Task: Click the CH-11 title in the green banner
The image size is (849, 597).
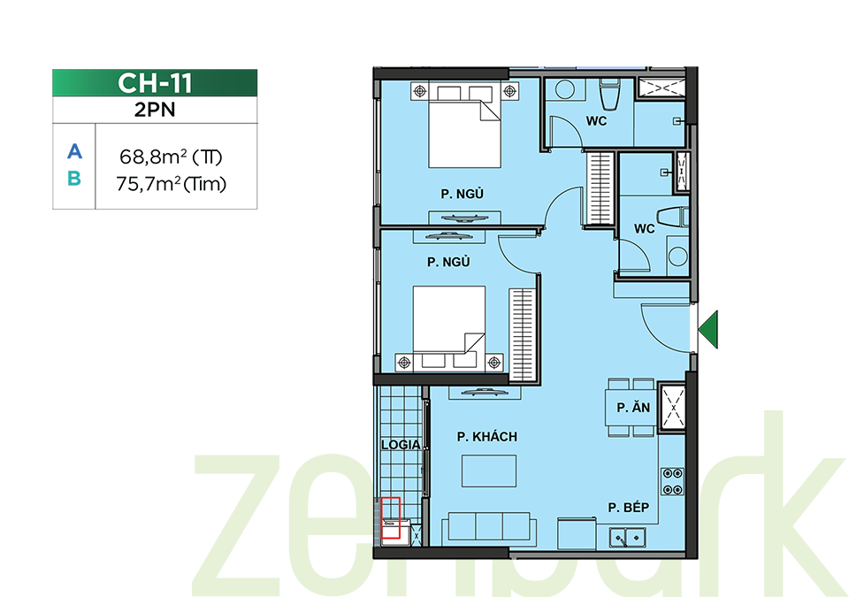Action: point(155,83)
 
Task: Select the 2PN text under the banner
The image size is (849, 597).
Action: point(155,110)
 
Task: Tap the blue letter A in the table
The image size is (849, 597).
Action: point(74,151)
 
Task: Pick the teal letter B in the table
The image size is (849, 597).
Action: point(74,179)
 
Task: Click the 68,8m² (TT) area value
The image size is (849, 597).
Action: point(171,157)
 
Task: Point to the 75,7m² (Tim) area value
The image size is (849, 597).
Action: point(171,184)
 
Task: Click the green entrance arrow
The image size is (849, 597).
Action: point(707,329)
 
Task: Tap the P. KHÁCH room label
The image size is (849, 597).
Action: point(486,437)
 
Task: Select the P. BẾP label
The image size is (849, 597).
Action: point(628,508)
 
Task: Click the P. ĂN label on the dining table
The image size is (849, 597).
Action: point(633,408)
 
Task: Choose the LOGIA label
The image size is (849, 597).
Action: point(401,445)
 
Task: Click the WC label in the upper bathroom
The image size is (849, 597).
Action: point(596,121)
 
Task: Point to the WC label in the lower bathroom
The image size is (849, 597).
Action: point(645,229)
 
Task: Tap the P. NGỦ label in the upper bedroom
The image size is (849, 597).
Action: point(462,194)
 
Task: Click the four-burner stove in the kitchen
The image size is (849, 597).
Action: point(672,482)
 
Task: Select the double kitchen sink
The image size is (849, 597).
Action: point(627,537)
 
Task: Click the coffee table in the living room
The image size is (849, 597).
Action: point(489,471)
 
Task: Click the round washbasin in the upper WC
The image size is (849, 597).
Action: point(565,89)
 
